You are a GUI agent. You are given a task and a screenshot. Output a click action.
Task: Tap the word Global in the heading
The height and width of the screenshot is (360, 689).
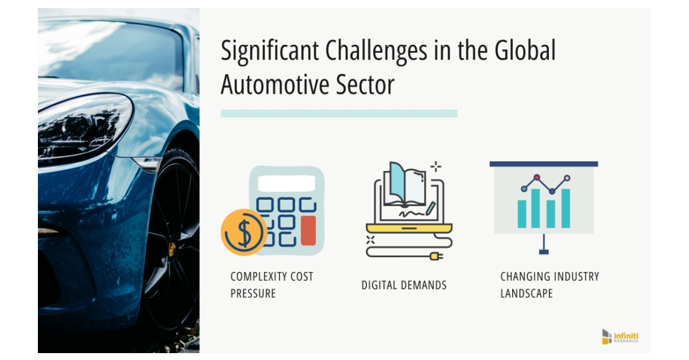click(524, 51)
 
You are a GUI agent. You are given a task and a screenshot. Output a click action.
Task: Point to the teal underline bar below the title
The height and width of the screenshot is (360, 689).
click(339, 114)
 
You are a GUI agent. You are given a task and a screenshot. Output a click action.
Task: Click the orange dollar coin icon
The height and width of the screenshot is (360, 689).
click(243, 233)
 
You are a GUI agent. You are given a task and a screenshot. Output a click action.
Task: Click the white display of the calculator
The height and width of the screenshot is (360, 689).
click(286, 183)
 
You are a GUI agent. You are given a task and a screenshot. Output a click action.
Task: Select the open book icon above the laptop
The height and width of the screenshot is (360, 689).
click(405, 184)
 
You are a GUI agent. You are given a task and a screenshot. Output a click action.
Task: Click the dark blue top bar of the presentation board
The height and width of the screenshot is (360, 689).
click(543, 164)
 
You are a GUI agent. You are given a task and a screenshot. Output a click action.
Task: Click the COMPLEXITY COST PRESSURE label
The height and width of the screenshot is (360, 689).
click(272, 285)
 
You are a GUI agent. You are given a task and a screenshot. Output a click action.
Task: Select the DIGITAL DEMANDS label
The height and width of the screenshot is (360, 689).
click(404, 285)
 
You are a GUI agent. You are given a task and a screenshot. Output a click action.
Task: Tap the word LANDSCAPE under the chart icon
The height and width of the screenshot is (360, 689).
click(527, 293)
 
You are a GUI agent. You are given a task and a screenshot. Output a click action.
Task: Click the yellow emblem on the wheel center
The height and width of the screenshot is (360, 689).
click(171, 249)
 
